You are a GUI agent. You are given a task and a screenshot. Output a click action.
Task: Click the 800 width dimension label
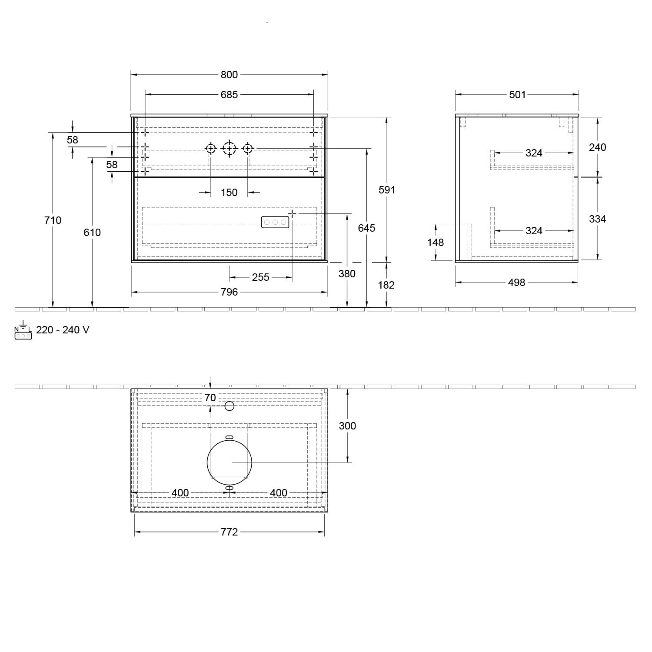point(229,75)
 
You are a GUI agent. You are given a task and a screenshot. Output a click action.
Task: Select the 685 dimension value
point(229,94)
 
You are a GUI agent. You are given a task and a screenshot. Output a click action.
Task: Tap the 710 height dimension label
point(53,220)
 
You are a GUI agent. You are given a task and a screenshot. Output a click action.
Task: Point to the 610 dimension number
point(92,233)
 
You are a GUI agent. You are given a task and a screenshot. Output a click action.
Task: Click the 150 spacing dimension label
point(229,193)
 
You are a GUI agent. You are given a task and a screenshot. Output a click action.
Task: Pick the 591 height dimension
point(387,190)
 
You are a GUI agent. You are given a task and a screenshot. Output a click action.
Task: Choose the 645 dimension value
point(367,228)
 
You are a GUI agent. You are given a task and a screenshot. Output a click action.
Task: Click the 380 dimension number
point(347,274)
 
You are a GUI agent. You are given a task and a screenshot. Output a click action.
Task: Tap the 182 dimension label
point(386,285)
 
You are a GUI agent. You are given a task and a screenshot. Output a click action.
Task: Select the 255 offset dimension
point(261,277)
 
